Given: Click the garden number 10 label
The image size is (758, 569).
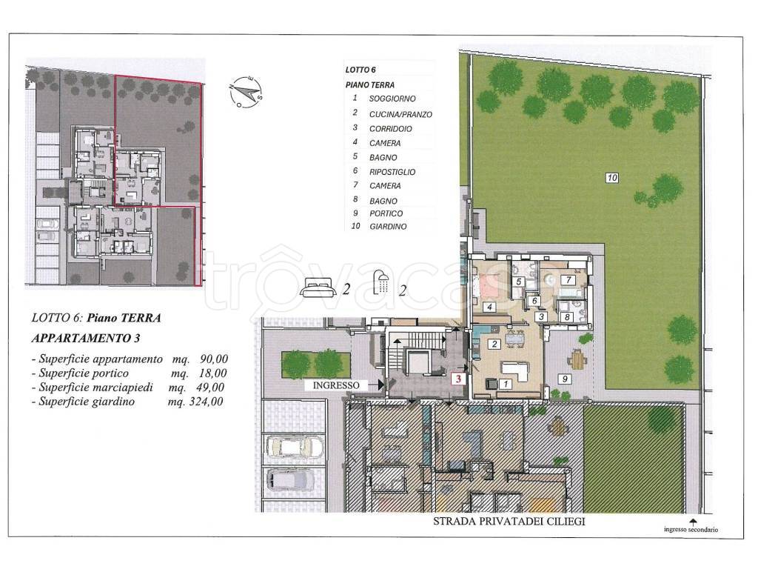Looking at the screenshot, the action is coord(612,178).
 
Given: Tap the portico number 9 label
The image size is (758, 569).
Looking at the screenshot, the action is coord(565,379).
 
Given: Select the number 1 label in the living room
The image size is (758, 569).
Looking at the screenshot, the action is coord(506,385).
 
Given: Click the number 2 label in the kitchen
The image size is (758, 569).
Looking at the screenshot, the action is coord(494,344).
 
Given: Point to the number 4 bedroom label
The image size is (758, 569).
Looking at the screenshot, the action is coord(490,307).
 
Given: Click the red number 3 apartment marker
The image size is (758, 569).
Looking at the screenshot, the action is coord(458,379).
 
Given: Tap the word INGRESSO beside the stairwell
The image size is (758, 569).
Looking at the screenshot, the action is coord(337,385).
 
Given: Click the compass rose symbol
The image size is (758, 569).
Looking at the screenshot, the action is coord(246,92).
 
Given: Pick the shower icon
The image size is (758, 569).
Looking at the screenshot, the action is coord(383,282).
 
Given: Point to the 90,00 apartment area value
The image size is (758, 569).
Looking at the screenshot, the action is coord(213,359).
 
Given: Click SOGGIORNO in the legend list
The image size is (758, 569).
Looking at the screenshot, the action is coord(392,99).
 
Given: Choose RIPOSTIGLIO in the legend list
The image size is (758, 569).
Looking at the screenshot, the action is coord(392,172).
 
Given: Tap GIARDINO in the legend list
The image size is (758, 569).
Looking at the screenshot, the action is coord(388,227).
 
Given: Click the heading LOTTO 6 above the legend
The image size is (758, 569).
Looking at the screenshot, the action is coord(360,70).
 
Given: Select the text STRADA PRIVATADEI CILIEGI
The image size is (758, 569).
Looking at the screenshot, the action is coord(509,522).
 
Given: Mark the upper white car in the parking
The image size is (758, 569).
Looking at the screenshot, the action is coord(294,447).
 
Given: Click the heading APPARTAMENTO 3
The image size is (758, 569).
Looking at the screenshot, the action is coord(86,338).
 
